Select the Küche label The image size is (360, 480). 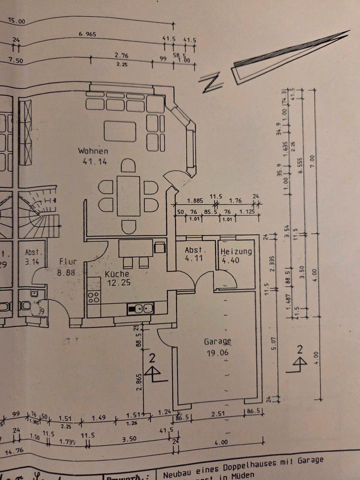point(117,274)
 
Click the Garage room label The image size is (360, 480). point(217,342)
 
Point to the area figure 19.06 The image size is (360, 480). point(217,352)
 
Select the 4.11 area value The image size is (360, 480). point(193,259)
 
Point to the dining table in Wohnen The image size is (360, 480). point(128,195)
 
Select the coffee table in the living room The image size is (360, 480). point(120,131)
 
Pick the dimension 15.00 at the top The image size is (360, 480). point(16,21)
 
